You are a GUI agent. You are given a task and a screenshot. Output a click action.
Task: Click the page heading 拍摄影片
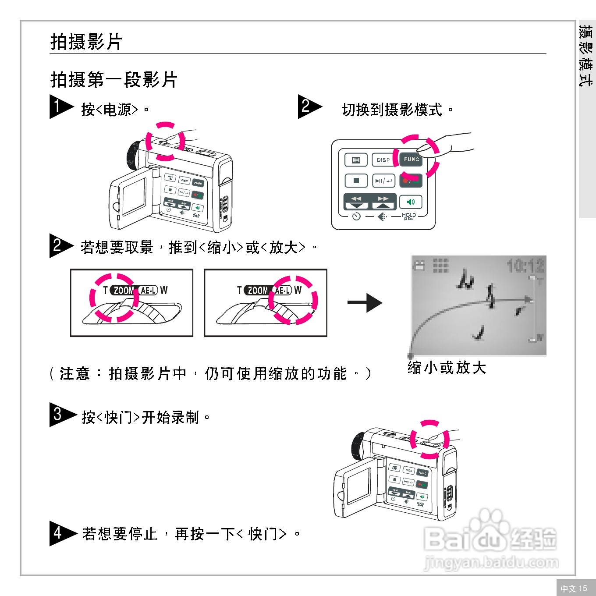(86, 42)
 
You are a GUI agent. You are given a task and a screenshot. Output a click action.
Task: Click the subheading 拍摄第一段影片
(114, 80)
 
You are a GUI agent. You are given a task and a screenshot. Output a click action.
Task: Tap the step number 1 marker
(59, 106)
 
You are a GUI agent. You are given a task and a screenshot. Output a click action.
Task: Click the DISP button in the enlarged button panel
(383, 160)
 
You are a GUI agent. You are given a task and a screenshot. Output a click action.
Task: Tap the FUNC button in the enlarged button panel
(411, 160)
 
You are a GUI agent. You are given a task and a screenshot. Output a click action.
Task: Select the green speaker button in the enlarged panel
(411, 202)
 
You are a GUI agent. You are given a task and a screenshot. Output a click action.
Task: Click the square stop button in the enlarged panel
(356, 181)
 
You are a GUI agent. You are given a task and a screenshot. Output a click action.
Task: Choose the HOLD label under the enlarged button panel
(408, 216)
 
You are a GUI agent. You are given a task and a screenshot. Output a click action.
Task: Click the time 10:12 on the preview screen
(525, 266)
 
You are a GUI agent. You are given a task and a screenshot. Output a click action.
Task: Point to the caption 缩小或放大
(447, 368)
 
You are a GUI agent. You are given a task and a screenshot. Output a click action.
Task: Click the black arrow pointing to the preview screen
(365, 302)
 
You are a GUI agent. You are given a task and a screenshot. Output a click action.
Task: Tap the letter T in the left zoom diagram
(105, 291)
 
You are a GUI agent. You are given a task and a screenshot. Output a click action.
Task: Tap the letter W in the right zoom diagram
(298, 291)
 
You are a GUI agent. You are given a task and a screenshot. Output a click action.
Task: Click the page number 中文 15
(574, 588)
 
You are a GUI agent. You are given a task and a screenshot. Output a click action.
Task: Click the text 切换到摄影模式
(392, 110)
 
